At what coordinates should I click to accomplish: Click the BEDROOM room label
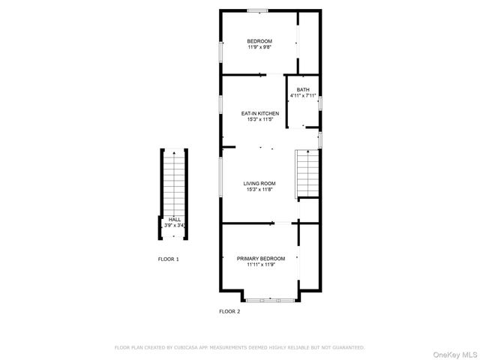point(259,40)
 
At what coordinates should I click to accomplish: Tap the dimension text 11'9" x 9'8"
point(259,46)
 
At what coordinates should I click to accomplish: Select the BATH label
point(302,90)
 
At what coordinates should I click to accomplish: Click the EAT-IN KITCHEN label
point(259,113)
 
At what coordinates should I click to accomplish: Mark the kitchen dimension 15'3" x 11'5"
point(259,119)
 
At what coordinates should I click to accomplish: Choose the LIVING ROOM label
point(259,183)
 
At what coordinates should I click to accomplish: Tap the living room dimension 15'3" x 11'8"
point(259,189)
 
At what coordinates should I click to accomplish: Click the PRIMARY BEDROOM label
point(261,258)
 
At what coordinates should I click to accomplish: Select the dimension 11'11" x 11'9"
point(261,264)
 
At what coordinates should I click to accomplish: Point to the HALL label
point(173,219)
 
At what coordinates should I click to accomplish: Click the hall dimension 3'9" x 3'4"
point(174,225)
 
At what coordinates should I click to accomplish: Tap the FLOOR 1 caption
point(168,259)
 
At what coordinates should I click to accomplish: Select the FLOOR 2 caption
point(229,311)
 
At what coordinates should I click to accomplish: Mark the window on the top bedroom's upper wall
point(258,10)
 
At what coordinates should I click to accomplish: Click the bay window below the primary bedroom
point(271,300)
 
